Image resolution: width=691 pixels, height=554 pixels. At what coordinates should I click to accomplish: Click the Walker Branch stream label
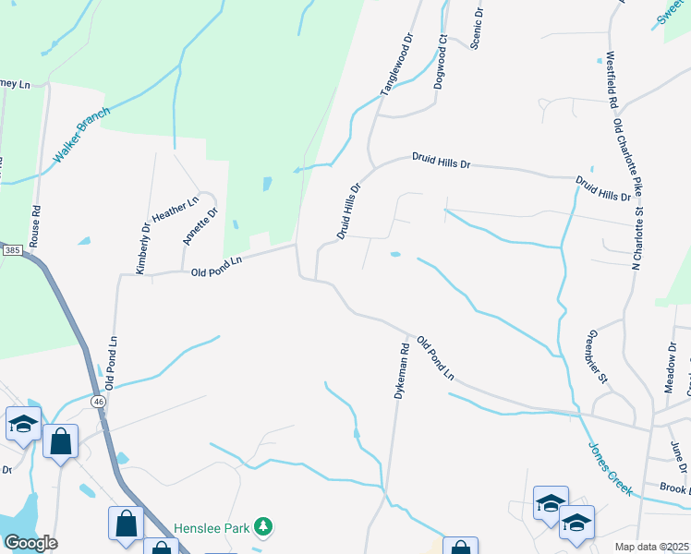click(81, 135)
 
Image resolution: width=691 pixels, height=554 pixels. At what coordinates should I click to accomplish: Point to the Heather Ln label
click(176, 211)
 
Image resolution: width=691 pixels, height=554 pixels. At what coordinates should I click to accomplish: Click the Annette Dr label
click(200, 225)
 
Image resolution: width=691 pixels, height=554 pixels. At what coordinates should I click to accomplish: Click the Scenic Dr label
click(477, 30)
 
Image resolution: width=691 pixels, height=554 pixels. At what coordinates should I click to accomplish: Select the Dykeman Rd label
click(401, 371)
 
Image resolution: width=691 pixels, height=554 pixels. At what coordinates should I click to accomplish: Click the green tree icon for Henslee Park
click(264, 526)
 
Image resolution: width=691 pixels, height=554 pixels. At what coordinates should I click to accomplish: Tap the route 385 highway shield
click(12, 250)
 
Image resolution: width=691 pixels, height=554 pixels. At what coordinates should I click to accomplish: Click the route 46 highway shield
click(98, 402)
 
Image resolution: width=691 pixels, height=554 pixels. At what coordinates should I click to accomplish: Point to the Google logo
click(30, 543)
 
